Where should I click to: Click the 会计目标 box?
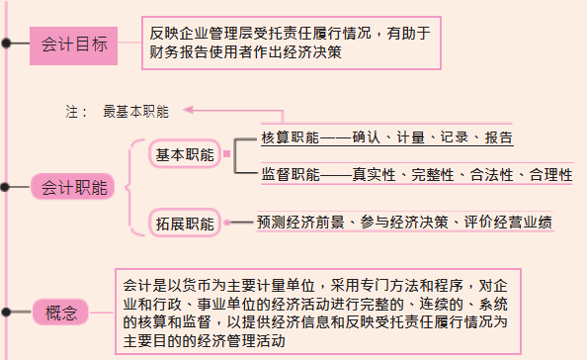pyautogui.click(x=75, y=45)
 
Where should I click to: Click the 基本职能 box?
pyautogui.click(x=185, y=155)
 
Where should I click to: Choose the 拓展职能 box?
pyautogui.click(x=185, y=224)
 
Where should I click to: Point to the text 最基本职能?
pyautogui.click(x=135, y=112)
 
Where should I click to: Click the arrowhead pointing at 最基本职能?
pyautogui.click(x=187, y=111)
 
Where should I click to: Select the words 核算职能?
pyautogui.click(x=290, y=136)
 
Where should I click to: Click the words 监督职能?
pyautogui.click(x=290, y=175)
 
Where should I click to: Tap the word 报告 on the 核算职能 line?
pyautogui.click(x=499, y=136)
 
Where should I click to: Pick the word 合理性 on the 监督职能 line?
pyautogui.click(x=550, y=175)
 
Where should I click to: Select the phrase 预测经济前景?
pyautogui.click(x=297, y=222)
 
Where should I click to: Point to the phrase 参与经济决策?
pyautogui.click(x=407, y=222)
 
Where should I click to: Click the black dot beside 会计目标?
pyautogui.click(x=7, y=45)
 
